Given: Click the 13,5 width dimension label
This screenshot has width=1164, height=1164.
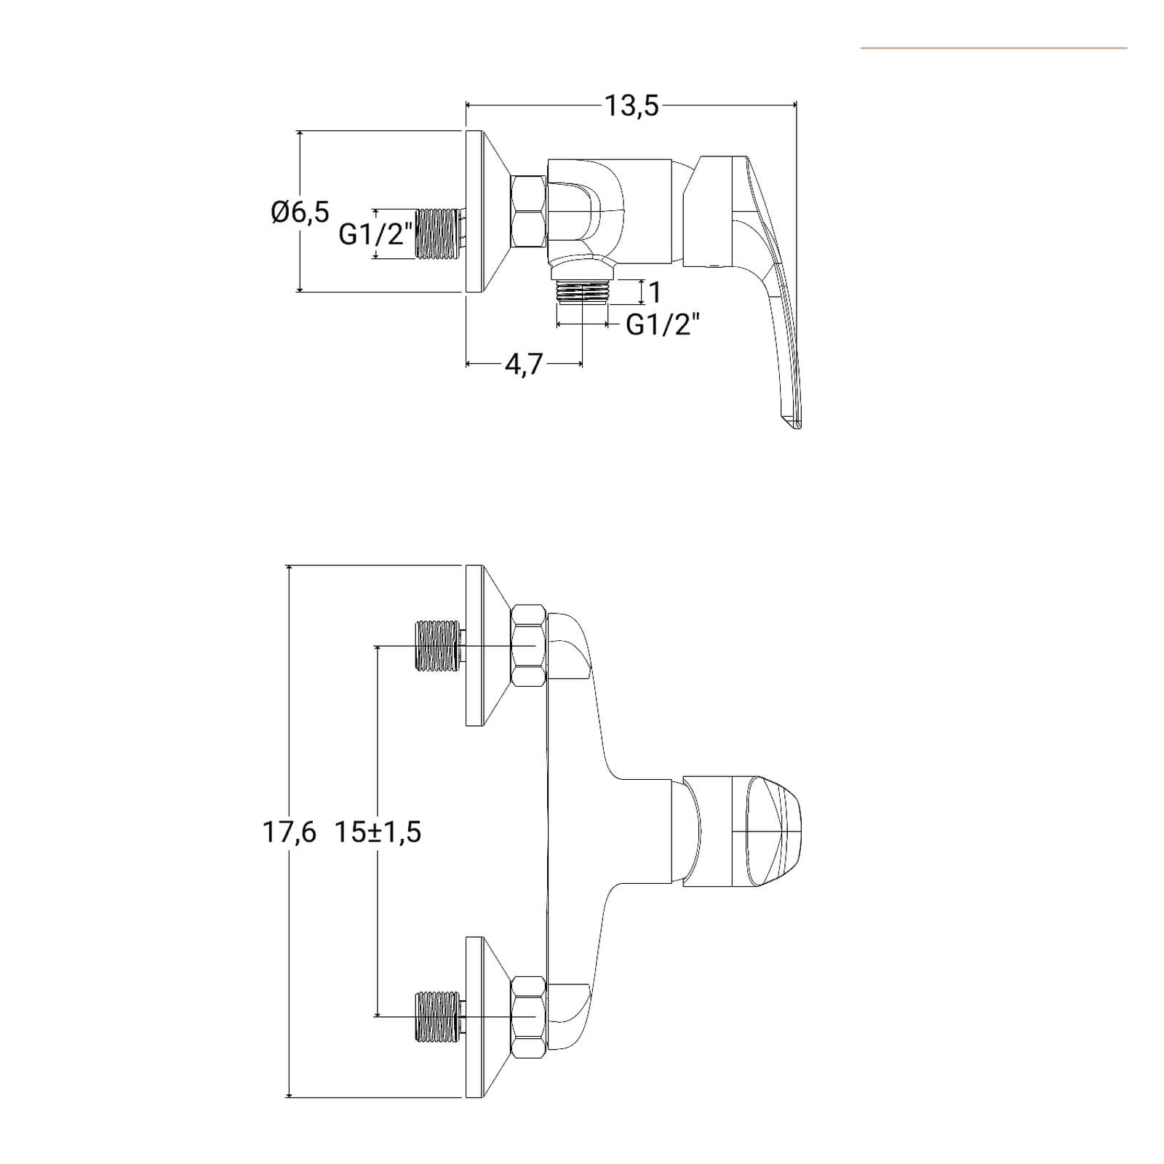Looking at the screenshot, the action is click(632, 106).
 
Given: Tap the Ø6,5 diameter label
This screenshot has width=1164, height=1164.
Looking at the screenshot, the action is click(300, 212).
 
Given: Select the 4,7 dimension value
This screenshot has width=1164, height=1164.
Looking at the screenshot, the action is click(524, 364).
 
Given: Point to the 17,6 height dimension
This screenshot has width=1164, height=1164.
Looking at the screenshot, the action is click(290, 832).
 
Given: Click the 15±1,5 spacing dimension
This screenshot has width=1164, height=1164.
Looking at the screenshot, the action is click(378, 832).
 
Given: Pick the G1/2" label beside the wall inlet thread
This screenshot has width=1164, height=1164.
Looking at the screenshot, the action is click(376, 234).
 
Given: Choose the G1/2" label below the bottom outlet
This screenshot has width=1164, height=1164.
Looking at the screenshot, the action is click(663, 324).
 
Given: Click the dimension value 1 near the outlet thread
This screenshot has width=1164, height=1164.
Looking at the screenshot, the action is click(655, 292).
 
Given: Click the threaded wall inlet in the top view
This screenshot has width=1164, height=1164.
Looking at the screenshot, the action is click(439, 234).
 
